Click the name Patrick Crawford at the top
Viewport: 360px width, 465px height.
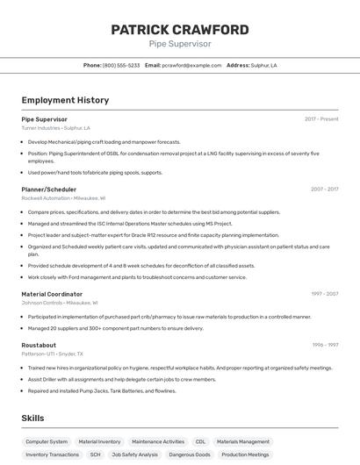point(179,30)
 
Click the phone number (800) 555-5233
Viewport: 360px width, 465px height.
point(121,65)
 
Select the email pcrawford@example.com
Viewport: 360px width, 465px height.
point(192,65)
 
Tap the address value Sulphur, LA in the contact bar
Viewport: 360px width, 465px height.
point(264,65)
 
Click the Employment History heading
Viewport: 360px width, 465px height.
point(65,100)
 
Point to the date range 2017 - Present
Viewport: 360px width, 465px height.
point(321,118)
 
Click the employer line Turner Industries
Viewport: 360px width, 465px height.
point(55,128)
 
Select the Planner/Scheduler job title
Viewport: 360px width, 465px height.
point(48,189)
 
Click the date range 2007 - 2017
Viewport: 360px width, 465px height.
point(324,189)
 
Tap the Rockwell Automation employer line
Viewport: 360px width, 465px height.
point(63,198)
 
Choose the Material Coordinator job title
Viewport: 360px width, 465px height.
point(52,294)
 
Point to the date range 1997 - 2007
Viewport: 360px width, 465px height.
point(324,294)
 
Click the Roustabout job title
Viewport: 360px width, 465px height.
point(39,345)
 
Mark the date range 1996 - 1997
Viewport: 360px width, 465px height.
point(324,345)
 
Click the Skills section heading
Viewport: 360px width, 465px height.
point(32,419)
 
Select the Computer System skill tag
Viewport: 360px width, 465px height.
point(47,442)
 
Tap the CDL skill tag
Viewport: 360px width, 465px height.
point(200,442)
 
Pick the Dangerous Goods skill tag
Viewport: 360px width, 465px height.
point(190,454)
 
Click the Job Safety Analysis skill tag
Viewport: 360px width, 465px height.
point(135,454)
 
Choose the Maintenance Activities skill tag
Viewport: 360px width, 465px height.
point(158,442)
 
